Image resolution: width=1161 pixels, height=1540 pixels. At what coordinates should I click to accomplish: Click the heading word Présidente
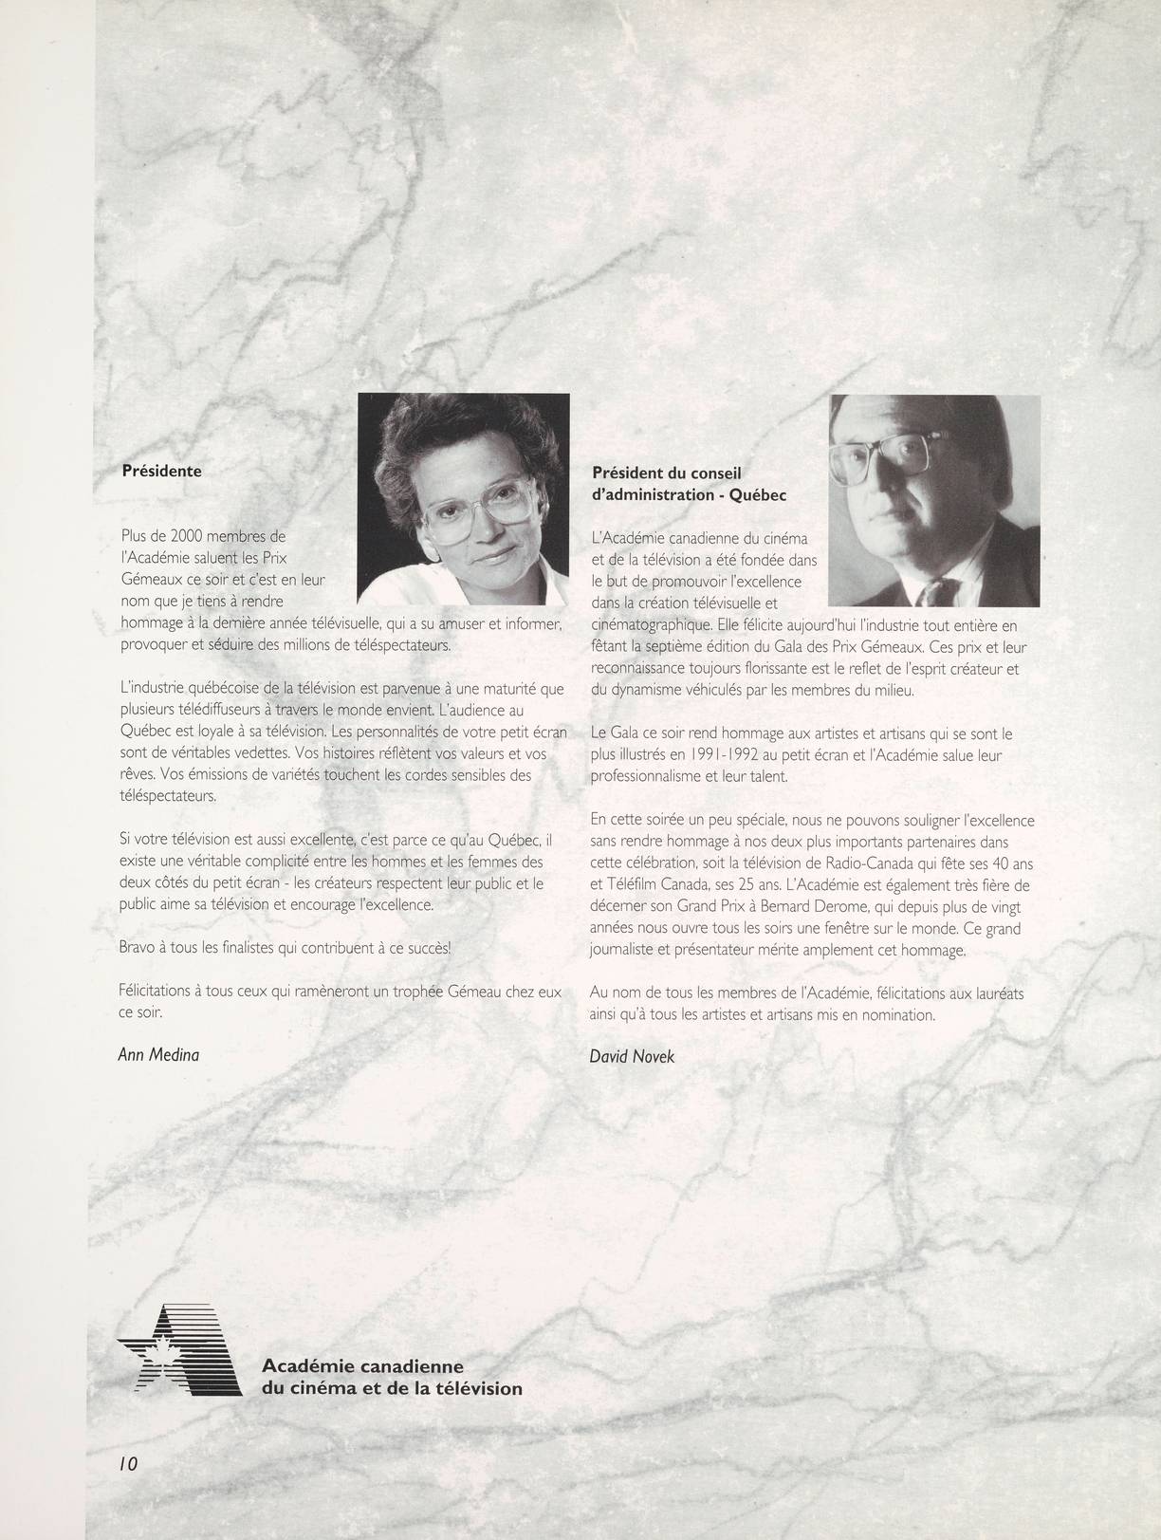[x=162, y=472]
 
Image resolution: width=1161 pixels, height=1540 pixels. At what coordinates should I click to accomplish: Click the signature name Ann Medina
[x=158, y=1054]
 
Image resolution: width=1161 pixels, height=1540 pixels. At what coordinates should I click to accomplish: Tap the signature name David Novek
[x=632, y=1056]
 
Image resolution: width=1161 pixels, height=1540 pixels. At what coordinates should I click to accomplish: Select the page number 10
[x=128, y=1464]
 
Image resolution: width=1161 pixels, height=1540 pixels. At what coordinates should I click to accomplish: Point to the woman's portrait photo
[x=464, y=499]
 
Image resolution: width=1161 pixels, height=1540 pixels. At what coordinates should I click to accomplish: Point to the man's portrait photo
[x=934, y=501]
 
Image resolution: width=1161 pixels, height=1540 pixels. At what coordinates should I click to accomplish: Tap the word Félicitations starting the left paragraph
[x=154, y=992]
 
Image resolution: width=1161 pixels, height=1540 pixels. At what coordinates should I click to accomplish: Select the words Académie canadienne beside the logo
[x=362, y=1366]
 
